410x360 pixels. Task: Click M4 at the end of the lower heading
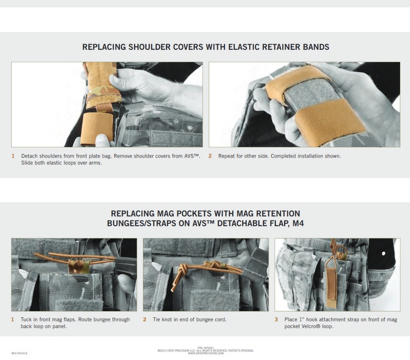298,224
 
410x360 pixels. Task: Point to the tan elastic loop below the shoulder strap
97,129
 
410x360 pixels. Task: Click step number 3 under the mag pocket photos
276,319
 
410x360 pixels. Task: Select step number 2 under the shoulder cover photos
210,156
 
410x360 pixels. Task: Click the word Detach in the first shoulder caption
29,156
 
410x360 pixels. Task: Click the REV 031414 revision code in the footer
19,353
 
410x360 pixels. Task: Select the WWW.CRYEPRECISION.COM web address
206,353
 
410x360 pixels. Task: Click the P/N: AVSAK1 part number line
206,348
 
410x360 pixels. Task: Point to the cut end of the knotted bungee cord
173,289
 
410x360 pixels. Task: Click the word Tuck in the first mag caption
26,319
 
